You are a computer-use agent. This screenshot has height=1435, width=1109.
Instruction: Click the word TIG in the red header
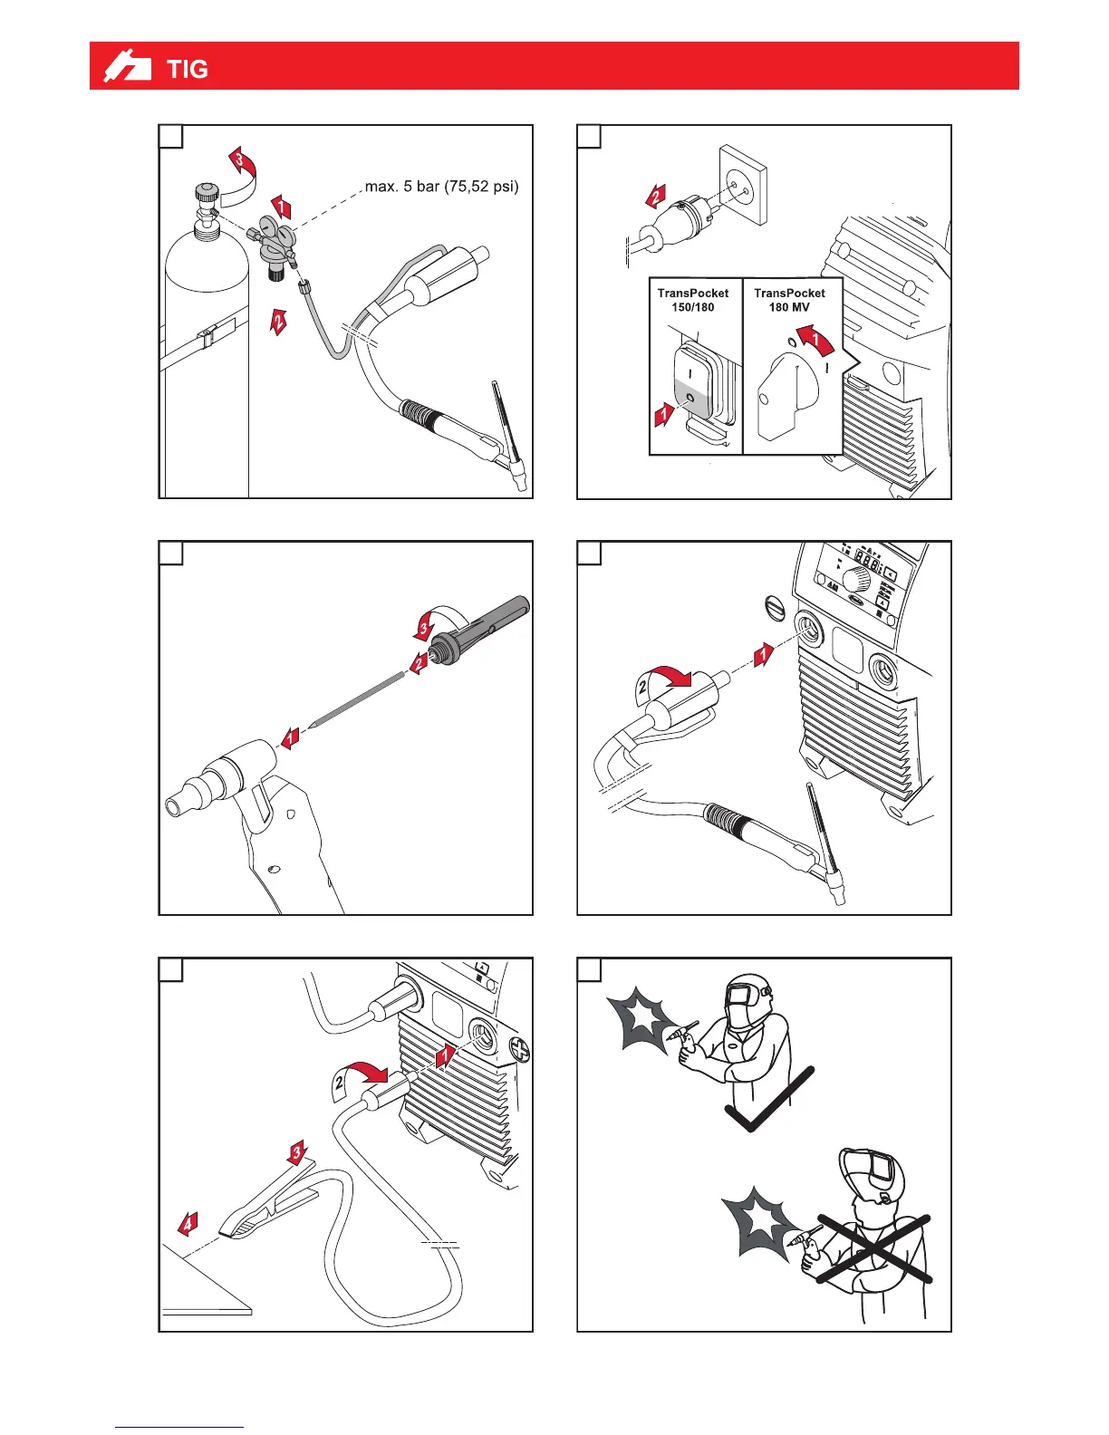click(188, 69)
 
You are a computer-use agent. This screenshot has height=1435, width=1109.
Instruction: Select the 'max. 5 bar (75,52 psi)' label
click(441, 187)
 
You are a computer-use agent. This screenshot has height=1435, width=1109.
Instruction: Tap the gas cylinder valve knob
click(207, 192)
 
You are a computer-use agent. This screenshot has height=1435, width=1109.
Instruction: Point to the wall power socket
click(742, 185)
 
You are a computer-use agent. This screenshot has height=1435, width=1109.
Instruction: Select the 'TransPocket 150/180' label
click(693, 300)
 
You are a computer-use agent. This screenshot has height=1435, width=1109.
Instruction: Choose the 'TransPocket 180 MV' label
click(789, 300)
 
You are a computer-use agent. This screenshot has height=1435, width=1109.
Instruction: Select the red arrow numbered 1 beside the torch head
click(291, 737)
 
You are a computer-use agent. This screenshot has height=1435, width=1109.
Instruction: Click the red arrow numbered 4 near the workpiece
click(187, 1224)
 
